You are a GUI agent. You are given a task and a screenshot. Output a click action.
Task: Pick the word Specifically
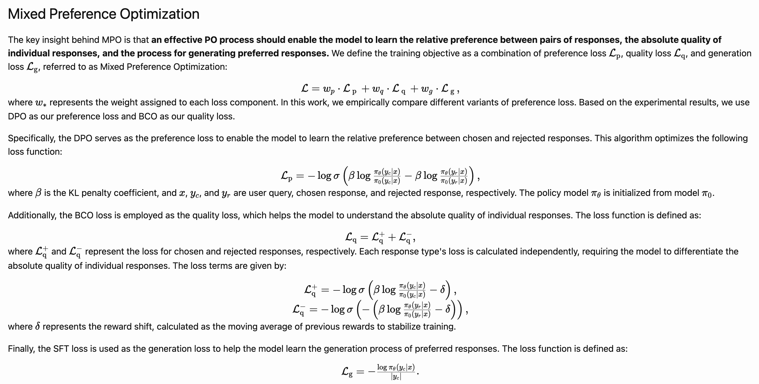pyautogui.click(x=32, y=138)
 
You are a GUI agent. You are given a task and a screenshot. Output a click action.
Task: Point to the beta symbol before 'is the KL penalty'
pyautogui.click(x=38, y=193)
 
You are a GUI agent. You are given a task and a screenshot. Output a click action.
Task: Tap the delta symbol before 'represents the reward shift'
pyautogui.click(x=38, y=327)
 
